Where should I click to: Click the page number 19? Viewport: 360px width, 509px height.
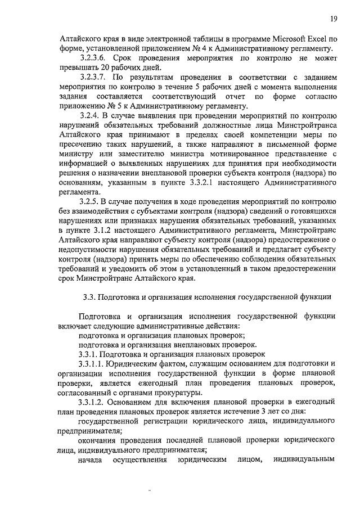(334, 19)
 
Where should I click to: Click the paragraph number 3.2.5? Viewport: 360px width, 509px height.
(92, 202)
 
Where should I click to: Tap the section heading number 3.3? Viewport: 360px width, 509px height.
(88, 297)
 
